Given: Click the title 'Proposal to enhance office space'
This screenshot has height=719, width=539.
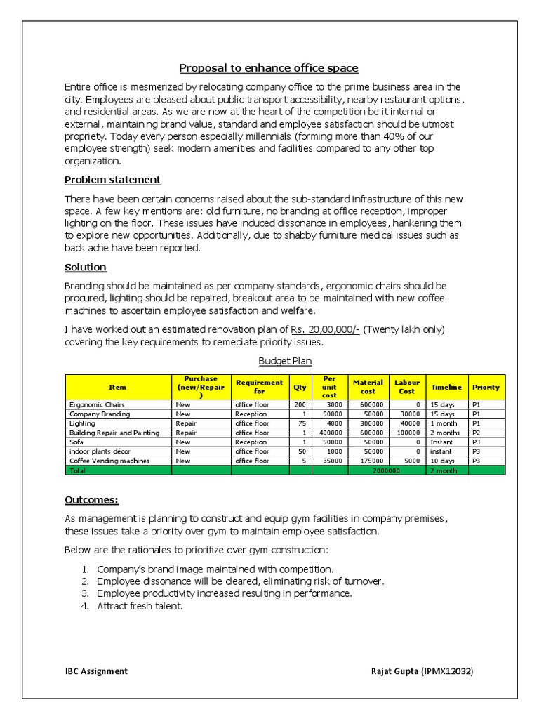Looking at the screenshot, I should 269,68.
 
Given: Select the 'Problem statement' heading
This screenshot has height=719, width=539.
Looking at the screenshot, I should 112,180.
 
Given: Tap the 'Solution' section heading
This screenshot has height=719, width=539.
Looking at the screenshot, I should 86,268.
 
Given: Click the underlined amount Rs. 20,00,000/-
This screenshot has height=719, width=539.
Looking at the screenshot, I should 325,329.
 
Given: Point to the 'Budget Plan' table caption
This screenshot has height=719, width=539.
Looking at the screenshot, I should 285,361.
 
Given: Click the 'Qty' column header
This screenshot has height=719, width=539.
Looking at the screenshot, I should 300,387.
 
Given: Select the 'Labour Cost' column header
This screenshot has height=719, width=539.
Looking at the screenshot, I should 407,387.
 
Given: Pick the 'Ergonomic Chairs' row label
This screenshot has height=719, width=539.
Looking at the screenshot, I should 97,405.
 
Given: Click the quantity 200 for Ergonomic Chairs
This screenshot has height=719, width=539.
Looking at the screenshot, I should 301,405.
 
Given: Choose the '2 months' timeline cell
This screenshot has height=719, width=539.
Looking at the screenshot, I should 444,433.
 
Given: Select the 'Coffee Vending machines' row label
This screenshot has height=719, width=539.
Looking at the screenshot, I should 109,461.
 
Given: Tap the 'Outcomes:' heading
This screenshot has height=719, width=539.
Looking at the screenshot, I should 92,500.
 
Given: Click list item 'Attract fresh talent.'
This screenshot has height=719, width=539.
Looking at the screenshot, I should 140,606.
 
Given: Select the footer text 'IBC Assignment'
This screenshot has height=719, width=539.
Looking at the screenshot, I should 96,671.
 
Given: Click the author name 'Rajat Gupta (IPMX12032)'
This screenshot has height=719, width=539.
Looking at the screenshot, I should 422,671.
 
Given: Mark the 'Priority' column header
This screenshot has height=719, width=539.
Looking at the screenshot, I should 486,387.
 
